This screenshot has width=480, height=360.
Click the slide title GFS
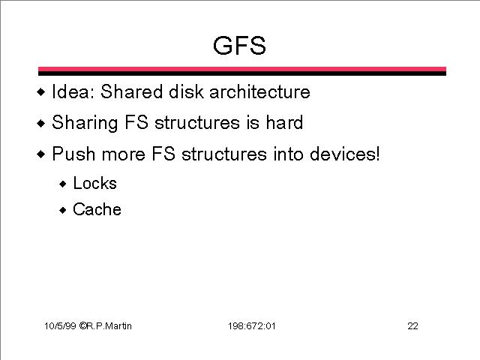(x=239, y=46)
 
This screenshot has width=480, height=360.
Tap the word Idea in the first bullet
(x=73, y=91)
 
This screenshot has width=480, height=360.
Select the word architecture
(x=259, y=91)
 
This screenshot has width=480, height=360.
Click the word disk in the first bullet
(x=186, y=91)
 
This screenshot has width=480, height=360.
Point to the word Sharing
(x=85, y=123)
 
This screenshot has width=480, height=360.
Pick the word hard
(x=284, y=122)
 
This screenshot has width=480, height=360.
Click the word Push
(x=73, y=153)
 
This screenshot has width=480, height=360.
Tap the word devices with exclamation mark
(x=345, y=153)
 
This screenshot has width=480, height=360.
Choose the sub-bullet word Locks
(x=95, y=183)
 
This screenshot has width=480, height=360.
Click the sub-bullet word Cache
(x=97, y=209)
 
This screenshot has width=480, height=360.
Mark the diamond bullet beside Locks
(x=63, y=184)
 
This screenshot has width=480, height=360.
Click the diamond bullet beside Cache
(x=63, y=210)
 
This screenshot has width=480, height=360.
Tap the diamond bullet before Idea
(x=40, y=91)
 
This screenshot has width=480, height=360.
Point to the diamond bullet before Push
(x=40, y=154)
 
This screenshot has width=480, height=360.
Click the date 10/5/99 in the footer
(x=60, y=325)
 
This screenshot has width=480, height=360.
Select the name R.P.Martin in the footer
(x=109, y=325)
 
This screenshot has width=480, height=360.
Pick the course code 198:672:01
(x=252, y=325)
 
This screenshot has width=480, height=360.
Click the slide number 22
(x=412, y=325)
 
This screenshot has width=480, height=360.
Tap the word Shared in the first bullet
(x=132, y=91)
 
